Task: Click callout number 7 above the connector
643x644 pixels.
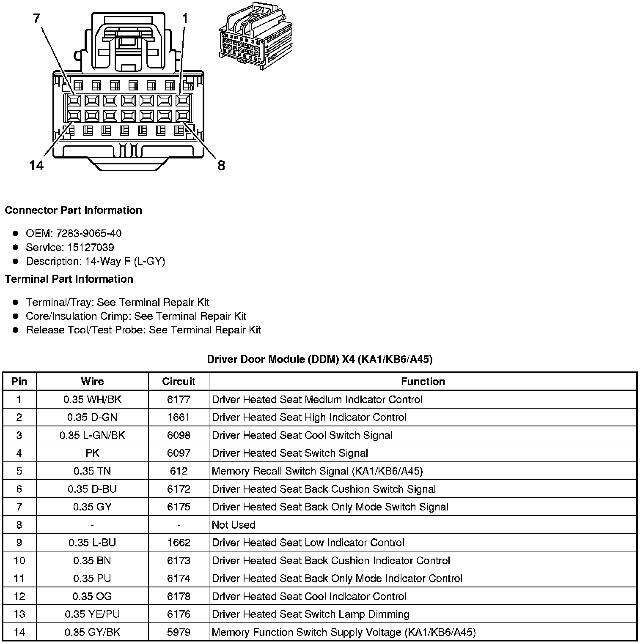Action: coord(37,19)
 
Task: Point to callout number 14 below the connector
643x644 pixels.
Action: coord(37,165)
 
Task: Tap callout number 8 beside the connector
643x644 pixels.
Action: coord(221,165)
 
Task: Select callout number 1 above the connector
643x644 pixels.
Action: coord(185,19)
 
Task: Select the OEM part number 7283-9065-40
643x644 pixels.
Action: coord(88,233)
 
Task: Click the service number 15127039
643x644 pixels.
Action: coord(91,247)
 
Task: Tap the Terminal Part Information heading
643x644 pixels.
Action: coord(69,279)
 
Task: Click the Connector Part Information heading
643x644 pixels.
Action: coord(73,210)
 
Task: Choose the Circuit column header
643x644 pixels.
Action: coord(179,382)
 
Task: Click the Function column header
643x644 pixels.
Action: coord(423,382)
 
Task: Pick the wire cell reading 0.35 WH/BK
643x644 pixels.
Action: coord(92,399)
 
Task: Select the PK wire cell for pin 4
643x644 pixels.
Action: coord(92,453)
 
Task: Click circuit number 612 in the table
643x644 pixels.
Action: coord(179,471)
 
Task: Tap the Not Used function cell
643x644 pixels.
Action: coord(234,525)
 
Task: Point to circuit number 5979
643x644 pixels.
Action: coord(179,632)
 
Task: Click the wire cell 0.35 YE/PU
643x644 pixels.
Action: coord(92,614)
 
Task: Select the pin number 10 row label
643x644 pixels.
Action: coord(19,561)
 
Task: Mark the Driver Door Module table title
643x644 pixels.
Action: coord(319,360)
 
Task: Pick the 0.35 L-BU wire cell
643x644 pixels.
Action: coord(92,543)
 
